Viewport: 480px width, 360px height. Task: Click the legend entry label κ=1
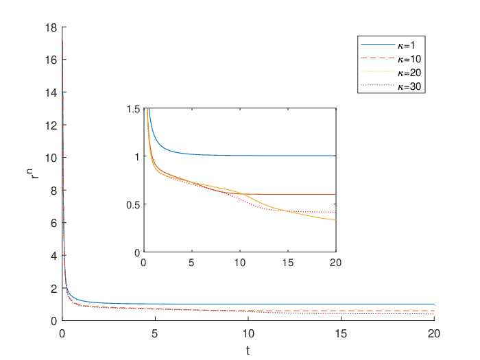coord(406,45)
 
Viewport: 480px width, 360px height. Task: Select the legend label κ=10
coord(409,59)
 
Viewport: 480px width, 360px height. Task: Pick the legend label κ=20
coord(409,73)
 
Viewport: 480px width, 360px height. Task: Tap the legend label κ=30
coord(409,86)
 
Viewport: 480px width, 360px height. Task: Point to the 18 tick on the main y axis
coord(51,27)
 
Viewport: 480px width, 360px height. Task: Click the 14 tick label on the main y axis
coord(51,93)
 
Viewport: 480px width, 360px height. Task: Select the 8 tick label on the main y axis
coord(54,191)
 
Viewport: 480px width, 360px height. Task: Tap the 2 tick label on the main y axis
coord(54,289)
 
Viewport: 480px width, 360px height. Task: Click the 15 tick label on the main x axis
coord(341,333)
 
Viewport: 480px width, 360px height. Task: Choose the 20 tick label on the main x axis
coord(434,333)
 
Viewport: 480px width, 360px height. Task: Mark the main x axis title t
coord(248,350)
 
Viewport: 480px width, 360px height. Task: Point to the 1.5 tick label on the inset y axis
coord(133,109)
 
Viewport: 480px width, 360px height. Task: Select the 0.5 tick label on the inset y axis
coord(133,204)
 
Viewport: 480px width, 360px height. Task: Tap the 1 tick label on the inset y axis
coord(137,156)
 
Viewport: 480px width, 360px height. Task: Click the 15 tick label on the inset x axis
coord(288,263)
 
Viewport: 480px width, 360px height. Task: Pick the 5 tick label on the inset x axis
coord(191,263)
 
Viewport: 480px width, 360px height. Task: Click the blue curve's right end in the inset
coord(336,156)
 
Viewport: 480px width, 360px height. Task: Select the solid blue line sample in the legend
coord(378,45)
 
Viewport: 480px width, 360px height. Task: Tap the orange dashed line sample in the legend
coord(378,58)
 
